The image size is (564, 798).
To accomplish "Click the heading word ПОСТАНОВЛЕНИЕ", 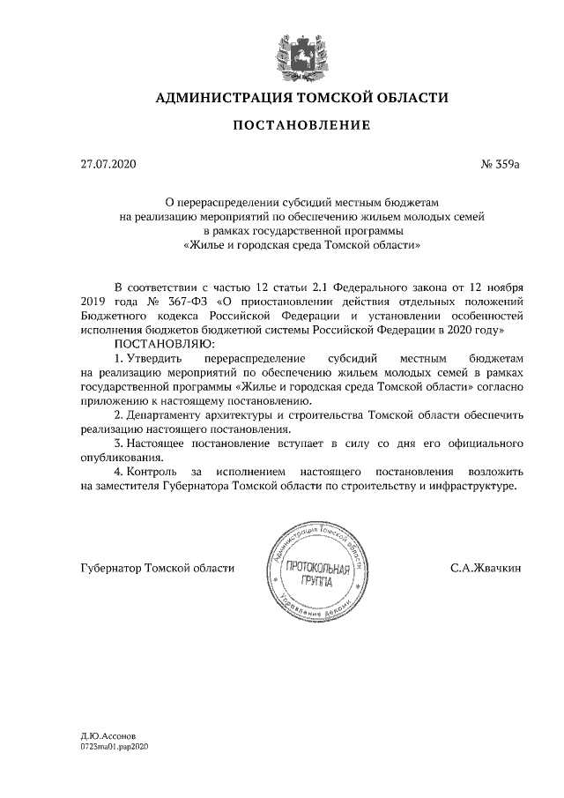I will click(x=301, y=127).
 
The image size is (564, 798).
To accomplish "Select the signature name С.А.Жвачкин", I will click(x=486, y=569).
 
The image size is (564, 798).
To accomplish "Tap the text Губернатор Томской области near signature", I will click(x=157, y=569).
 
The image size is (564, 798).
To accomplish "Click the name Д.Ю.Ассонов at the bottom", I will click(x=108, y=735).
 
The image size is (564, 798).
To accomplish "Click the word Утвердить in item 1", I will click(x=153, y=359).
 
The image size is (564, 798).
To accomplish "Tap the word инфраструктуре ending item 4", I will click(x=471, y=487).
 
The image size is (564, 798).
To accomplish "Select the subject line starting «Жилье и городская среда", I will click(x=301, y=246).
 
